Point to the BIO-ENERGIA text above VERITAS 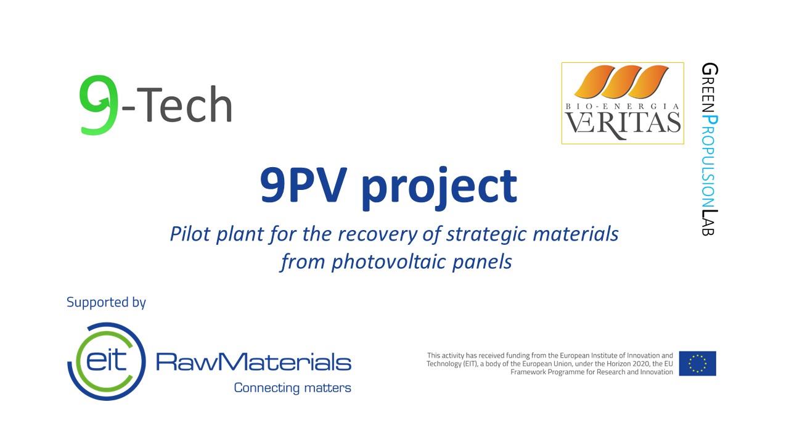(x=623, y=106)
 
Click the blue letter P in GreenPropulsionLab (x=709, y=120)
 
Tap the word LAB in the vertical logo (x=709, y=223)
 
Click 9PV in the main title (x=302, y=184)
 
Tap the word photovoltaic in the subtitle (x=388, y=263)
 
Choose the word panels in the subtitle (x=482, y=263)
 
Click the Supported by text (x=106, y=303)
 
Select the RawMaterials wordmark (x=253, y=361)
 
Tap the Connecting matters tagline (x=292, y=388)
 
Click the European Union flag (x=697, y=363)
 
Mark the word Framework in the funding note (x=528, y=372)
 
